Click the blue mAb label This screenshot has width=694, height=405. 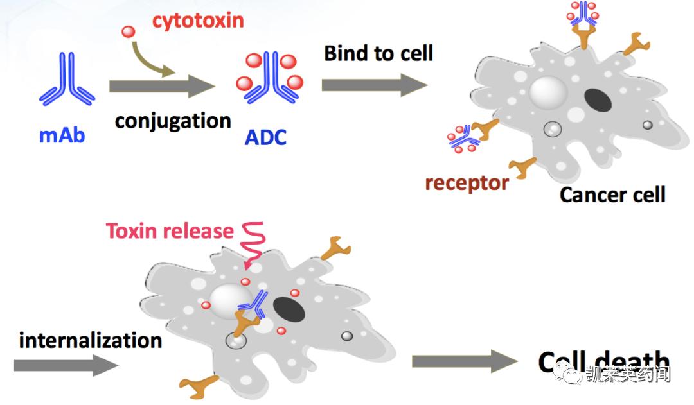point(62,135)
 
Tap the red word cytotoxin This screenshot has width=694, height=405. point(198,20)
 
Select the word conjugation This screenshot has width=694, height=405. point(173,121)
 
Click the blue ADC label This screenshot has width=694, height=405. point(265,137)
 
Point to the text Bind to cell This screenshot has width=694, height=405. point(378,53)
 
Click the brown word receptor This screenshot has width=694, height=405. point(467,183)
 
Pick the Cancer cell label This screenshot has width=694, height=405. point(612,194)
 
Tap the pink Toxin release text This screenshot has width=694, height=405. point(170,231)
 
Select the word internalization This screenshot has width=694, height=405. point(90,340)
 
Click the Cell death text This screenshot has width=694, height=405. point(604,362)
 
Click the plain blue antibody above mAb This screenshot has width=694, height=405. point(67,80)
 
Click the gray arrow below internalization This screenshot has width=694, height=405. point(66,365)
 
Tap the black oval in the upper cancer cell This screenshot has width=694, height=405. point(598,101)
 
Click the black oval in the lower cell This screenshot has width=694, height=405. point(290,309)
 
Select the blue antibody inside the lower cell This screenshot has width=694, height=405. point(254,304)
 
